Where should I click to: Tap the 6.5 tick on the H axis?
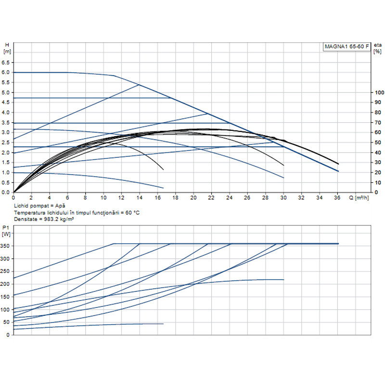(6, 63)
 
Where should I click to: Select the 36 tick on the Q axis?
(338, 197)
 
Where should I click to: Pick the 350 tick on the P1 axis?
(5, 246)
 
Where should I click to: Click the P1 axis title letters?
(6, 228)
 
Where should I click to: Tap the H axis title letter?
(6, 44)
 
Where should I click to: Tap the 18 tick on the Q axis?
(176, 197)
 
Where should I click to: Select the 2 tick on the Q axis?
(31, 197)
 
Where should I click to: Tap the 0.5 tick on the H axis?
(6, 182)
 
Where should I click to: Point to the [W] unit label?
(6, 234)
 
